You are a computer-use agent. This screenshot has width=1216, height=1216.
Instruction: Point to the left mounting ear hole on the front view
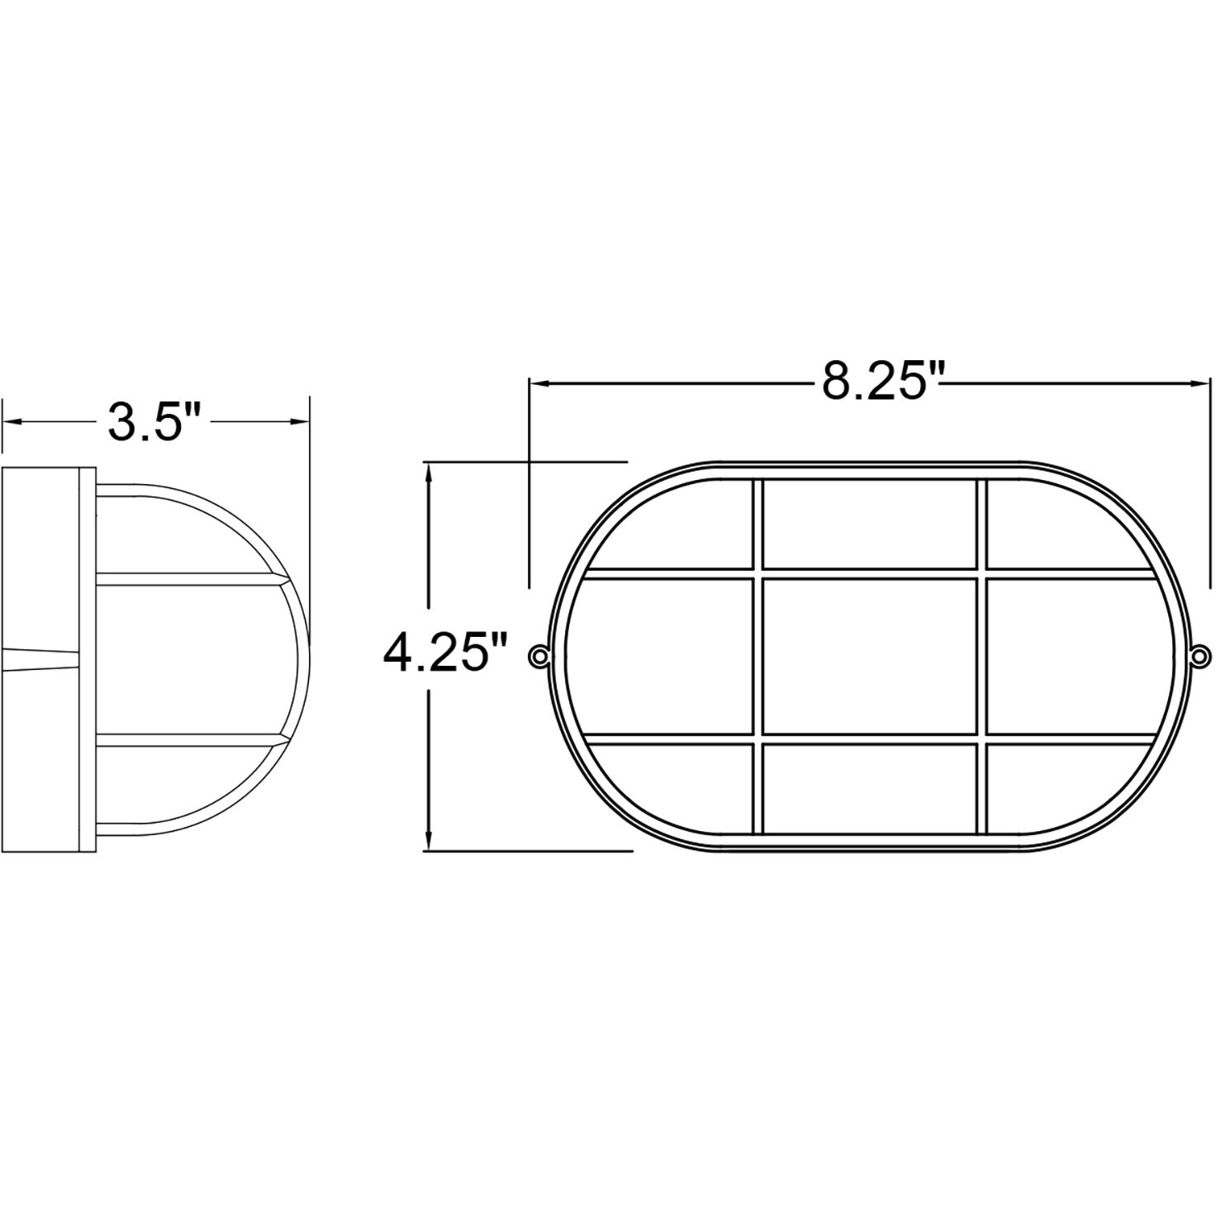(x=539, y=656)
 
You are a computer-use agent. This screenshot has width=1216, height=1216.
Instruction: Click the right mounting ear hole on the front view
(x=1198, y=656)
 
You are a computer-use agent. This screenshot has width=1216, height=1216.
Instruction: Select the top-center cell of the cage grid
(x=869, y=524)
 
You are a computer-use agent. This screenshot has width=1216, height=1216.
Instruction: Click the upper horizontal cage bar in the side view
(x=190, y=579)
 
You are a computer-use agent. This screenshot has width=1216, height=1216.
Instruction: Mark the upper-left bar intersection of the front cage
(x=758, y=573)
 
